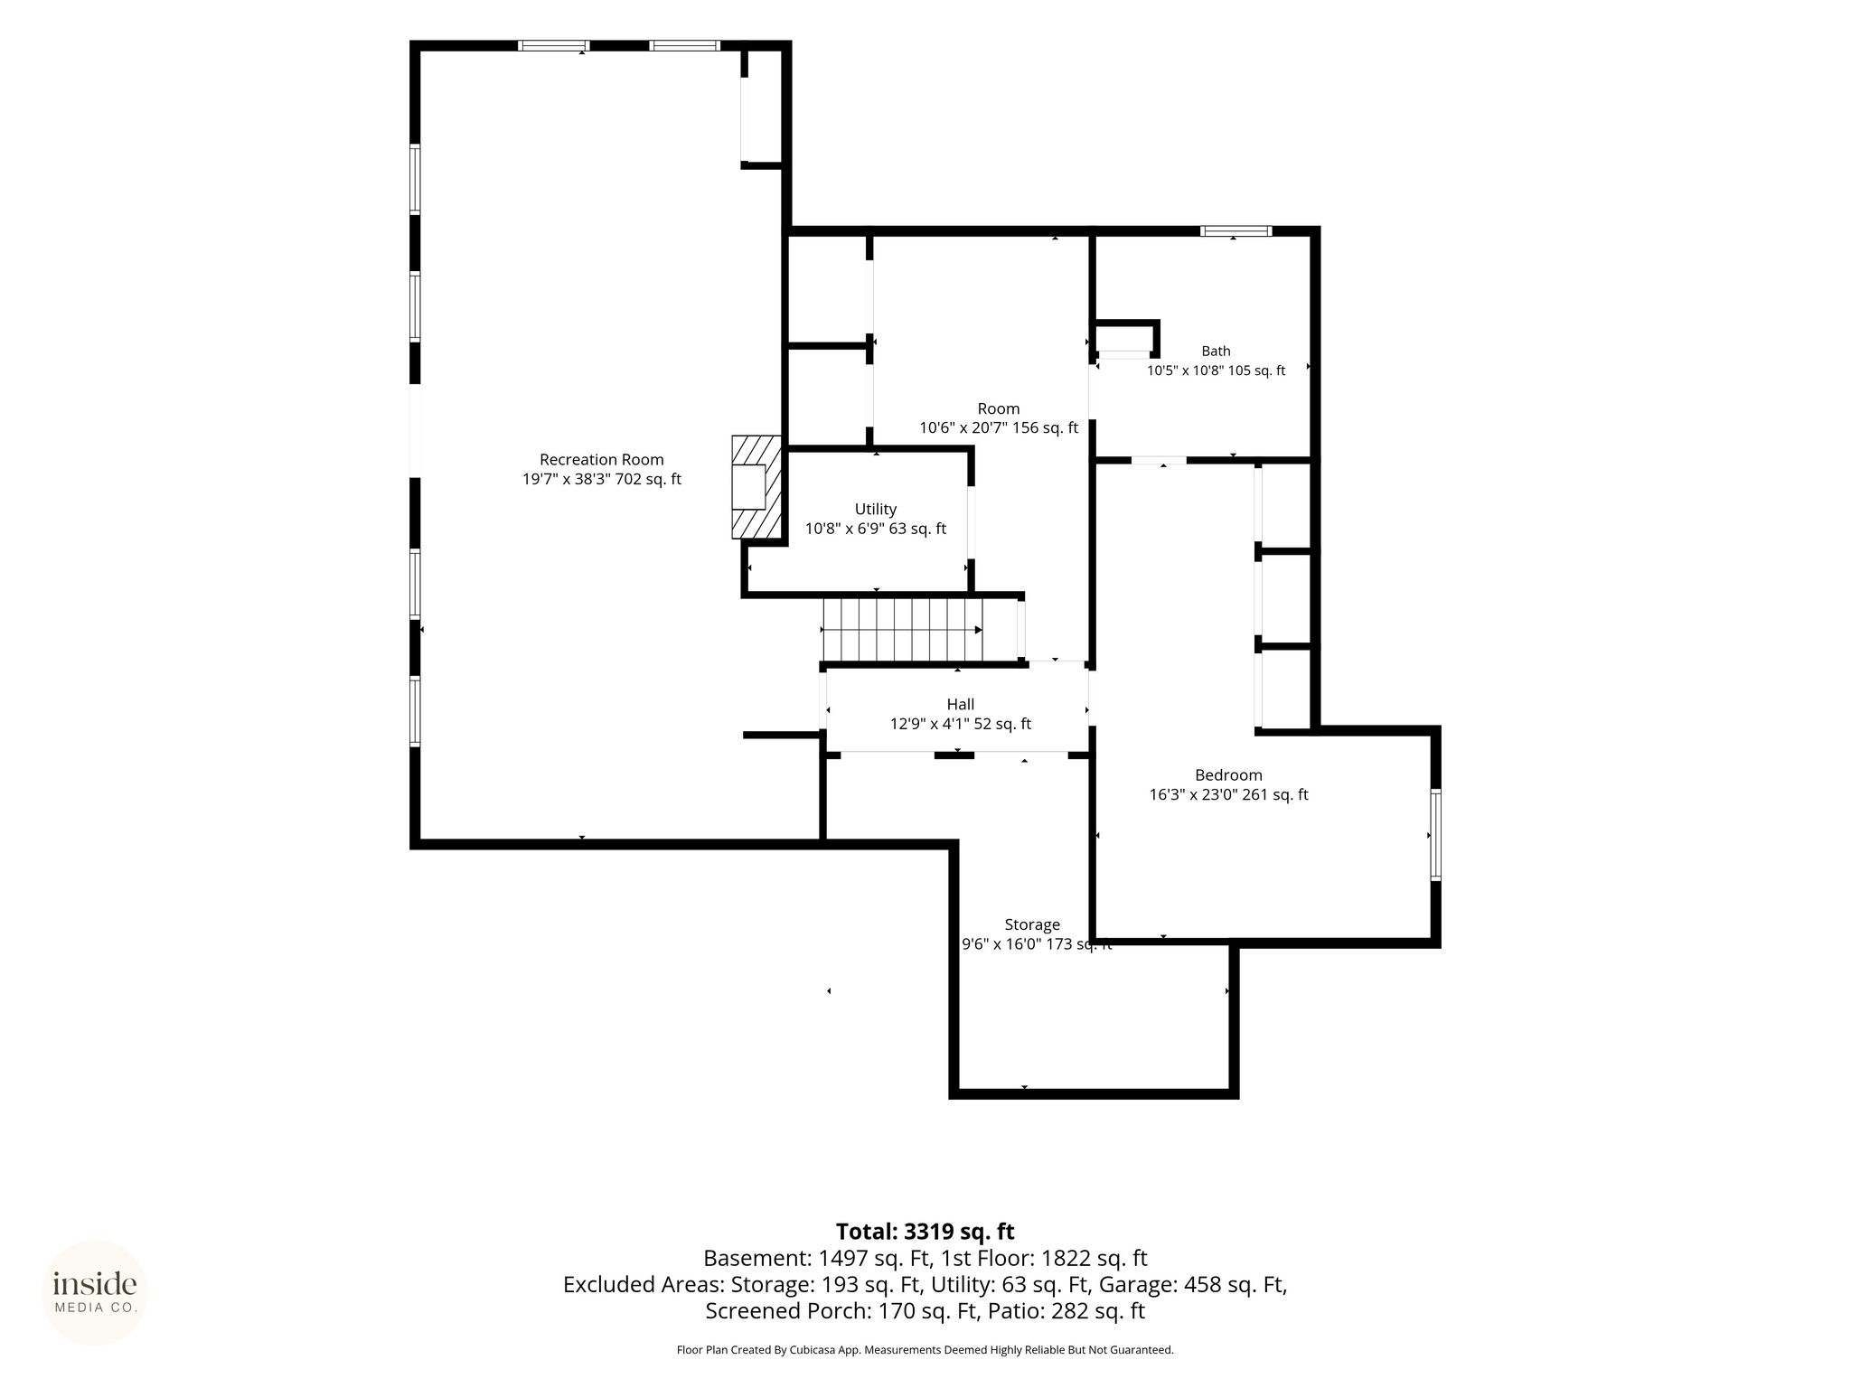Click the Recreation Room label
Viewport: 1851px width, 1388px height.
click(x=601, y=460)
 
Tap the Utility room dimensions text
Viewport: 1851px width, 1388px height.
click(x=876, y=529)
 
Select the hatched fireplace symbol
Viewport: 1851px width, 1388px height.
click(x=756, y=488)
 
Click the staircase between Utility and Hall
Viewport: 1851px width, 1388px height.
click(x=902, y=630)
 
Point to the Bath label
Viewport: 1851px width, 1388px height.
click(x=1216, y=351)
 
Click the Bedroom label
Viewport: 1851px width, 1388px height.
click(x=1228, y=775)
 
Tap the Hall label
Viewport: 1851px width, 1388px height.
click(x=961, y=704)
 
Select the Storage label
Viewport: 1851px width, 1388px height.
click(x=1032, y=924)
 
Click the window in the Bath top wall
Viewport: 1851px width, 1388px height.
click(x=1236, y=231)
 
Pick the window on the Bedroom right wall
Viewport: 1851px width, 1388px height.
click(x=1435, y=834)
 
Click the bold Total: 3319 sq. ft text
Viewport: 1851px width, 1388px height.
click(x=925, y=1232)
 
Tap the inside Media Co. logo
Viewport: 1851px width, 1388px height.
click(x=95, y=1292)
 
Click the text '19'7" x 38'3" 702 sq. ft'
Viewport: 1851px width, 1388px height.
click(x=601, y=480)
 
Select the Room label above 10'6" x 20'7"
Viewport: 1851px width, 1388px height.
click(x=999, y=408)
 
